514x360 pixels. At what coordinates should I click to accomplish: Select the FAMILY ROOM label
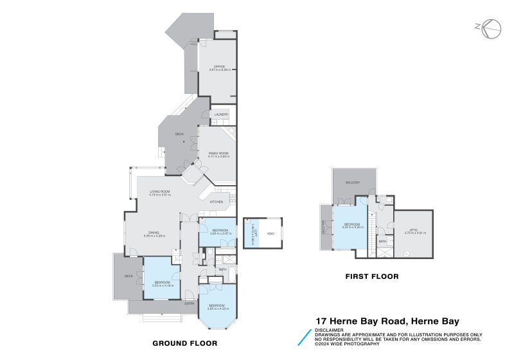[218, 154]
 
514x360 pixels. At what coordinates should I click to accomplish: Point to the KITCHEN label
[216, 202]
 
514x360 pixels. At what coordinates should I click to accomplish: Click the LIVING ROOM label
[160, 192]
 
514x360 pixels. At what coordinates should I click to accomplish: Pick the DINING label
[154, 233]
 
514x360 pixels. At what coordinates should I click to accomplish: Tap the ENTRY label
[190, 303]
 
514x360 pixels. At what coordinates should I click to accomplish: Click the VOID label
[270, 233]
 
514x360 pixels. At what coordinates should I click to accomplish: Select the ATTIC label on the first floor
[411, 231]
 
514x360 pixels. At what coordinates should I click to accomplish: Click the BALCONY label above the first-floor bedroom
[352, 183]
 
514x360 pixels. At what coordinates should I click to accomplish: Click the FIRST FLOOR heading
[372, 276]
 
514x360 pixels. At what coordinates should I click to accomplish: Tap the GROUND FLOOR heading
[184, 343]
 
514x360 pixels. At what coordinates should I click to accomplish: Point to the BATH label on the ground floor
[222, 269]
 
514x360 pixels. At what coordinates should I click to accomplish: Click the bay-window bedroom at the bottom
[217, 307]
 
